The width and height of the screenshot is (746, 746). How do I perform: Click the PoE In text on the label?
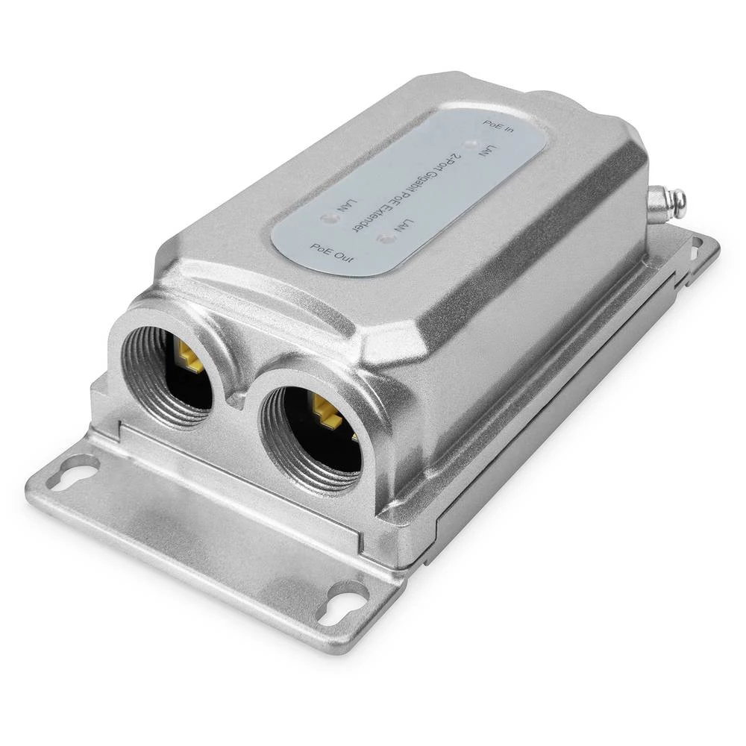[499, 126]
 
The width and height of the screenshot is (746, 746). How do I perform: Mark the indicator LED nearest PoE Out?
[325, 218]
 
